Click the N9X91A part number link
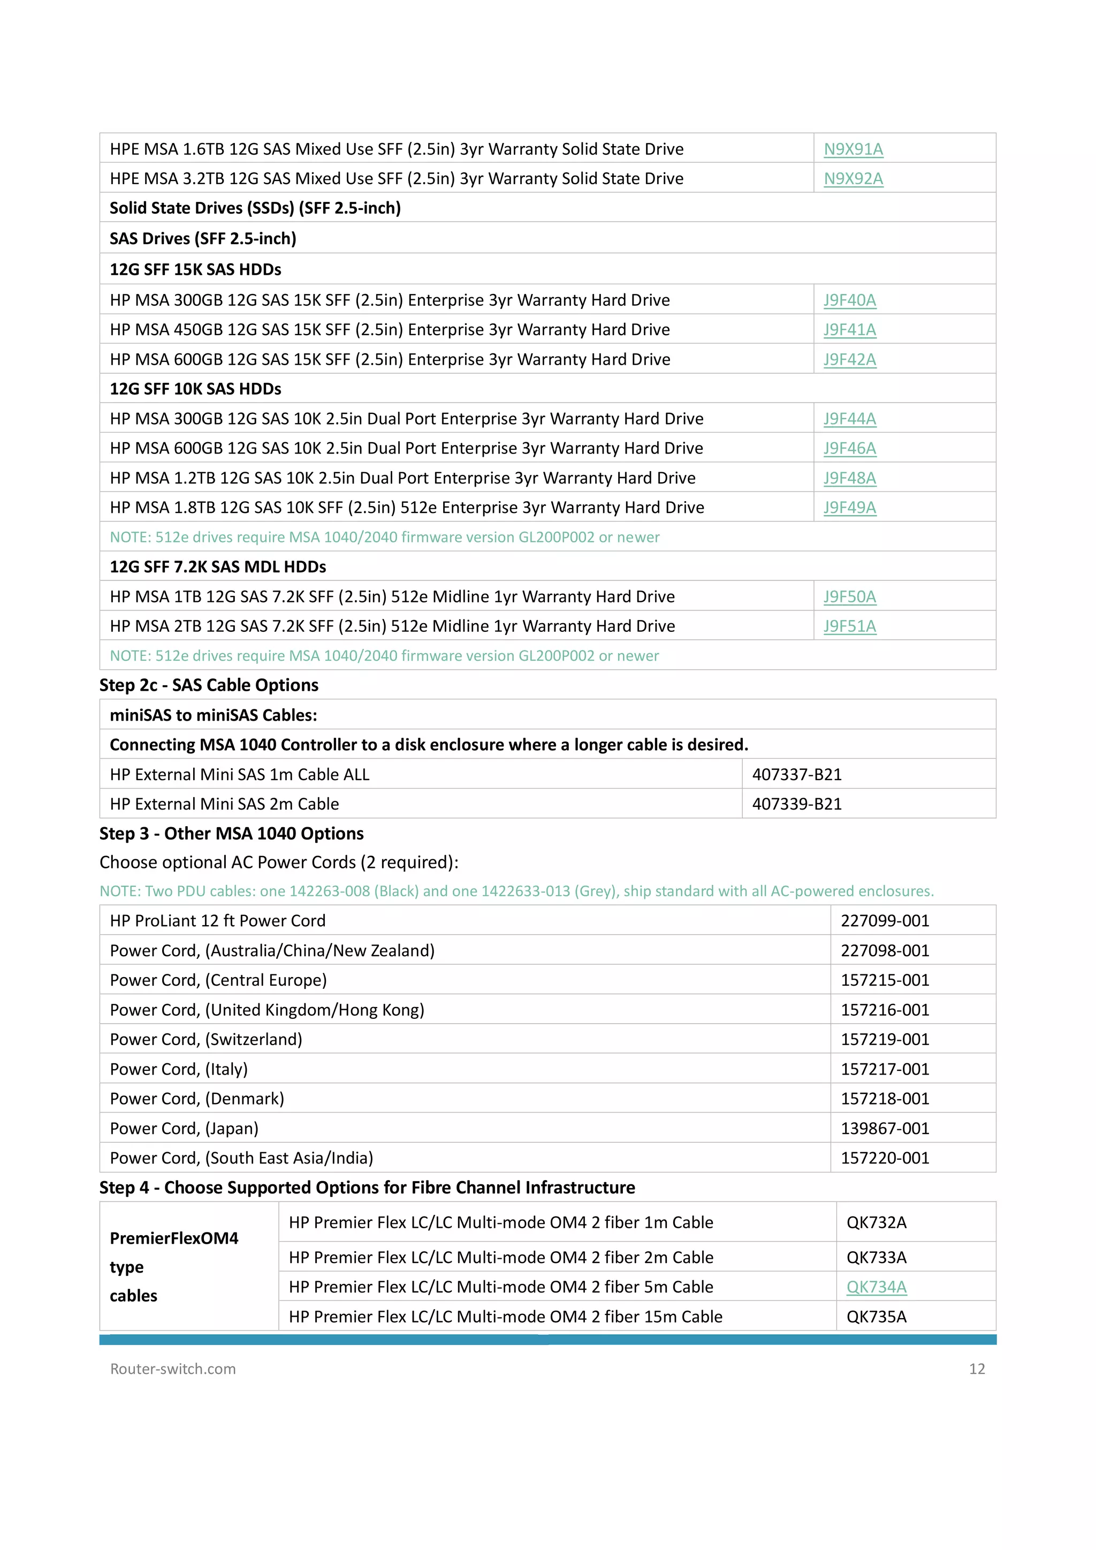pyautogui.click(x=853, y=149)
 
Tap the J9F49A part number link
pyautogui.click(x=850, y=508)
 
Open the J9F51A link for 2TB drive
pyautogui.click(x=850, y=626)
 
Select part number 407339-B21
pyautogui.click(x=797, y=804)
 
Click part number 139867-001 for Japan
pyautogui.click(x=885, y=1128)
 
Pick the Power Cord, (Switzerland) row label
pyautogui.click(x=206, y=1040)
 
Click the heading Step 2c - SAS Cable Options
pyautogui.click(x=209, y=685)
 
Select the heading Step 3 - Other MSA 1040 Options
pyautogui.click(x=232, y=834)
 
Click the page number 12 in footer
pyautogui.click(x=977, y=1368)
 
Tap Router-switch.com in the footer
pyautogui.click(x=173, y=1368)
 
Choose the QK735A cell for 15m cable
pyautogui.click(x=876, y=1317)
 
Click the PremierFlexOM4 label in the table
pyautogui.click(x=174, y=1238)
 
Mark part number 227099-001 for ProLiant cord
pyautogui.click(x=885, y=921)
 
